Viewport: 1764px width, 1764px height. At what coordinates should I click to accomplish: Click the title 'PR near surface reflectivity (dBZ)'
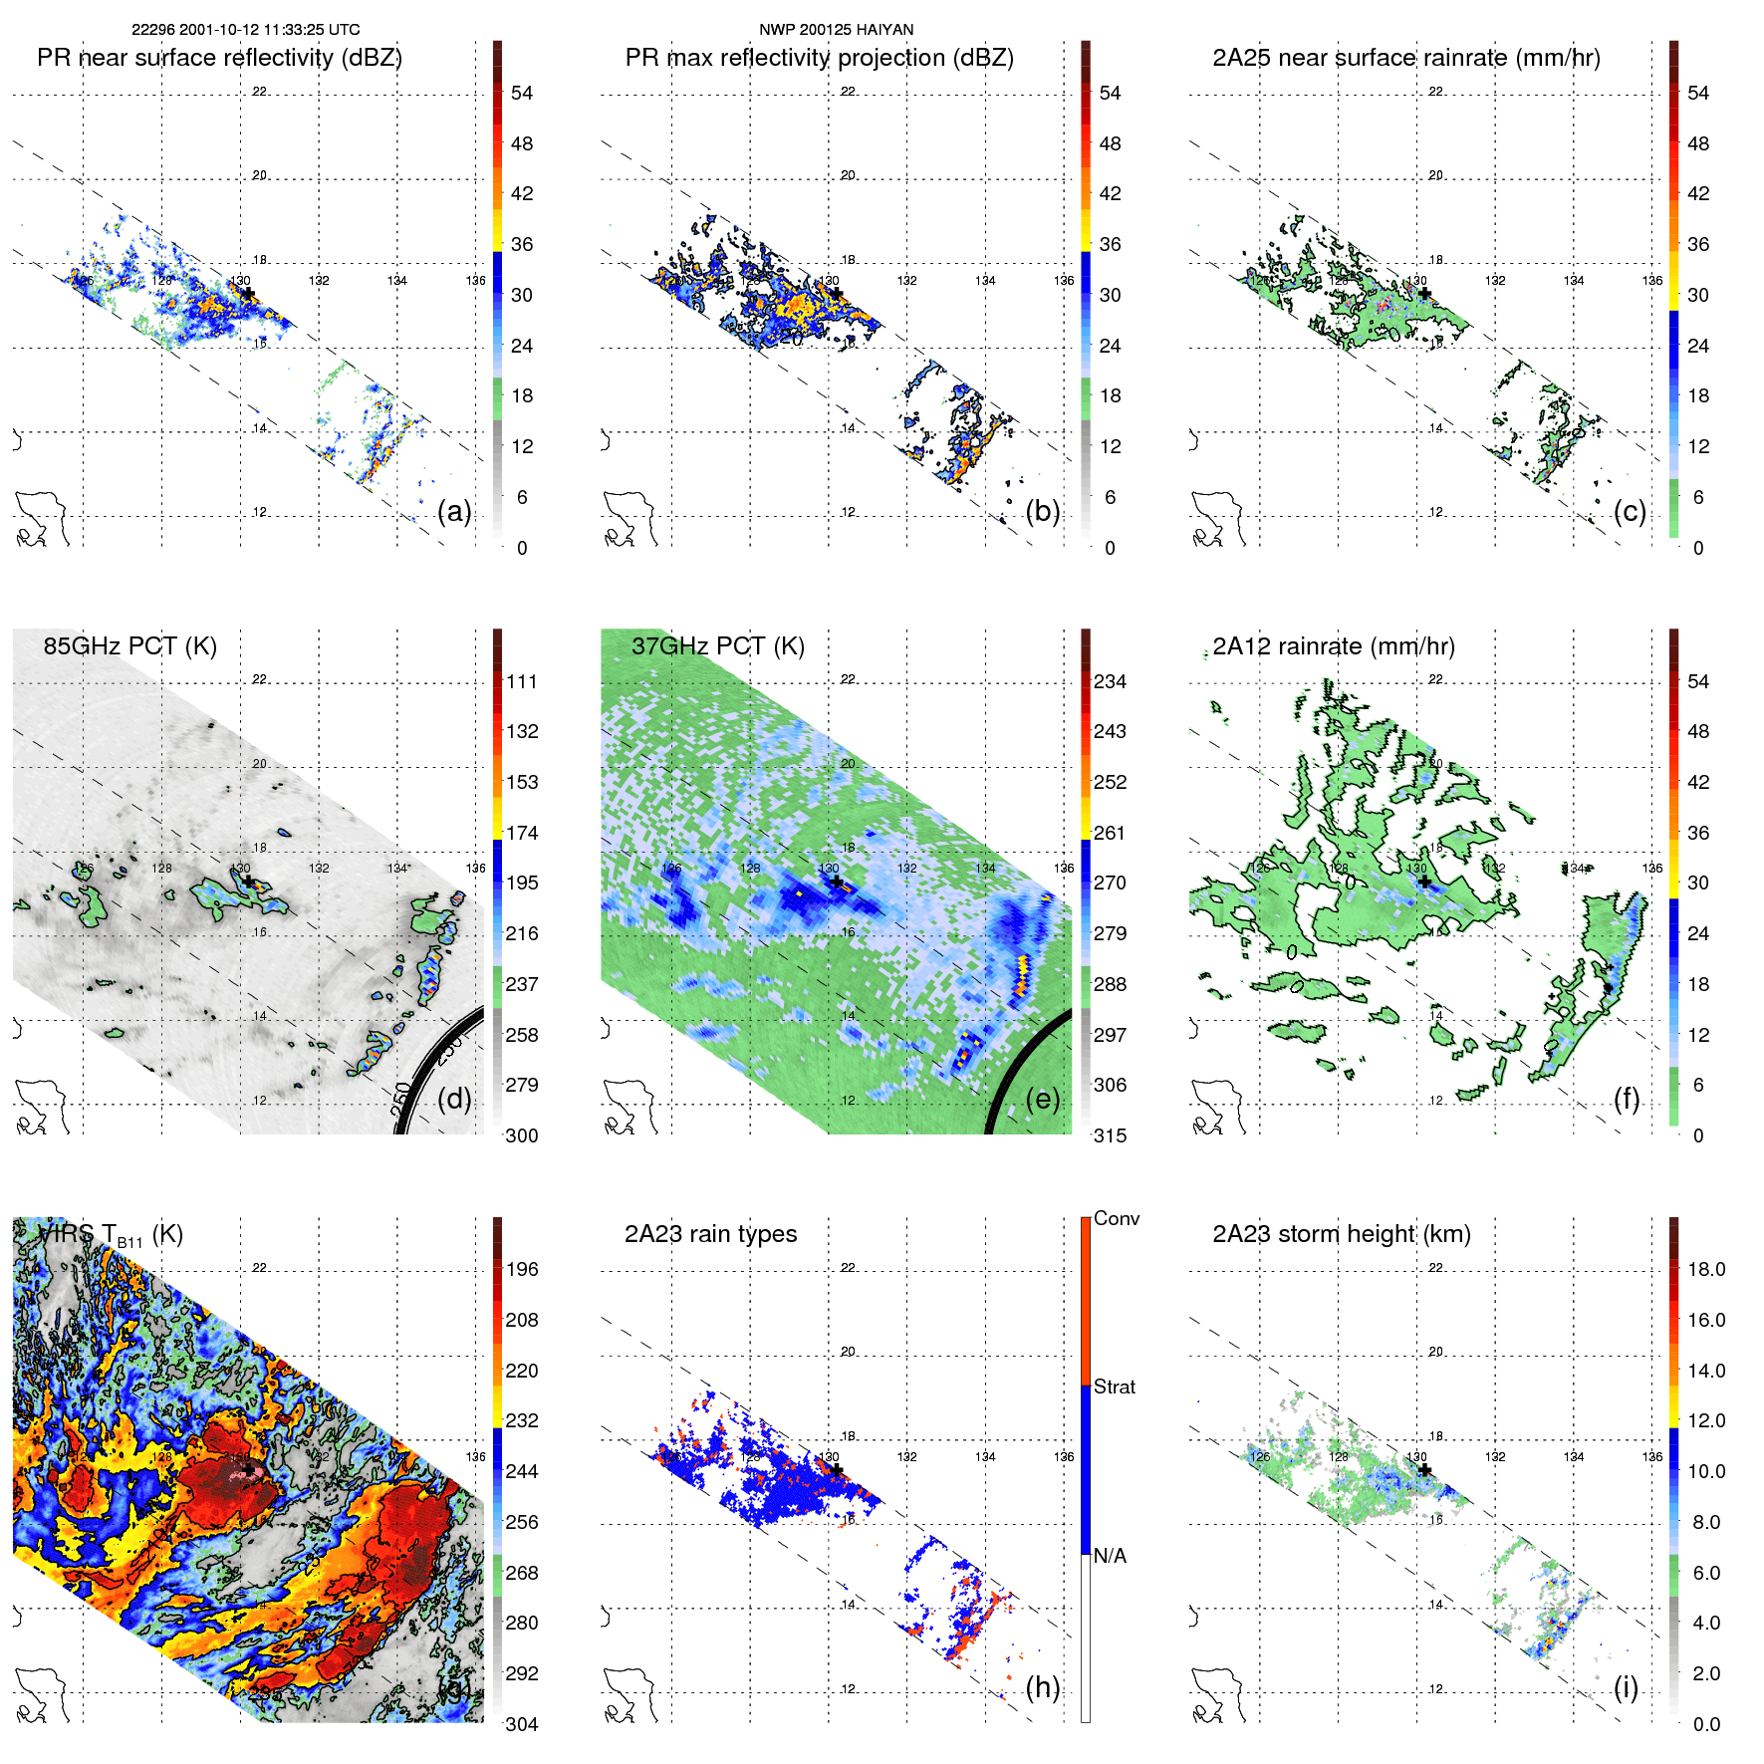tap(219, 58)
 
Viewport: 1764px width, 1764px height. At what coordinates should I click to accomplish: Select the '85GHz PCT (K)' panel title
tap(129, 646)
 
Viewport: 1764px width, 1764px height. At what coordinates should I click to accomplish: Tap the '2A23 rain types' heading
tap(710, 1234)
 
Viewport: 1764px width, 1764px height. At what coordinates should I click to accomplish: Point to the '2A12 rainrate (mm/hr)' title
tap(1333, 646)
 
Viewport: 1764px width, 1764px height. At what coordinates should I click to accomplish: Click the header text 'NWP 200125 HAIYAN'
tap(836, 30)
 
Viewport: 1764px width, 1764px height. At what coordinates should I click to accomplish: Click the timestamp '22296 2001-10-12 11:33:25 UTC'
tap(246, 30)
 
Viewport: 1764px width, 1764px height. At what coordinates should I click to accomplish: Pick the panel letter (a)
tap(454, 512)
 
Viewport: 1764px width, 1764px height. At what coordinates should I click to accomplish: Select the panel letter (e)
tap(1043, 1100)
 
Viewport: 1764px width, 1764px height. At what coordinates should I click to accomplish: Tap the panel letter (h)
tap(1043, 1687)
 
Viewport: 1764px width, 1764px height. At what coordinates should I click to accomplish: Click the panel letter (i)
tap(1626, 1687)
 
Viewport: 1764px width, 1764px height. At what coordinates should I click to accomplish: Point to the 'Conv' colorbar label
tap(1116, 1218)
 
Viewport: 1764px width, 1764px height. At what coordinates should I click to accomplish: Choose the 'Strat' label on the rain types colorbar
tap(1114, 1386)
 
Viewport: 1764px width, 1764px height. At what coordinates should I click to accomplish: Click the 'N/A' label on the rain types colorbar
tap(1110, 1556)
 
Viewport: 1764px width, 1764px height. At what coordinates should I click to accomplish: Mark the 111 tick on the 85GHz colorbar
tap(522, 681)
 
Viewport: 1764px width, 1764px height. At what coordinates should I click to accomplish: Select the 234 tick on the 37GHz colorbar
tap(1110, 681)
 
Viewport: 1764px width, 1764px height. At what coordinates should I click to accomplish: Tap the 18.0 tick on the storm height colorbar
tap(1705, 1269)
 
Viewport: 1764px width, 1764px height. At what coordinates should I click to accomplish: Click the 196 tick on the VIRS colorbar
tap(522, 1269)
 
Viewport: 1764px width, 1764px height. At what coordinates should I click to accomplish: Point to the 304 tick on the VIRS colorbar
tap(522, 1724)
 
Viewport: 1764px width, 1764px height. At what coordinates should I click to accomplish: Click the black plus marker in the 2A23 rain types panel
tap(837, 1470)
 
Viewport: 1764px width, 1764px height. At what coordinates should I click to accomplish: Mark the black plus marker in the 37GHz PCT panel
tap(837, 882)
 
